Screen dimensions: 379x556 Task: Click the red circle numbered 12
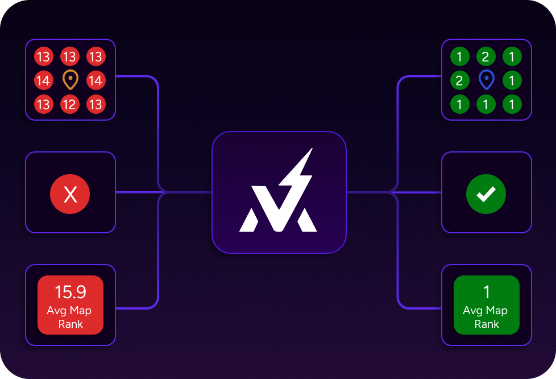click(69, 104)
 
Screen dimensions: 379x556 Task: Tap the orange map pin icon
click(69, 80)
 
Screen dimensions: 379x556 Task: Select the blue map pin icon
click(486, 80)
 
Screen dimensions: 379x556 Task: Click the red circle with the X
click(70, 195)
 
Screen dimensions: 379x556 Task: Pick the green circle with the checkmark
click(486, 195)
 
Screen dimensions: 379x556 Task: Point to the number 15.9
click(70, 292)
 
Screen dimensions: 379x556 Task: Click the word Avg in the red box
click(56, 311)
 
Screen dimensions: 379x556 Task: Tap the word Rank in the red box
click(70, 324)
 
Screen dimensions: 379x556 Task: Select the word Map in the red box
click(80, 311)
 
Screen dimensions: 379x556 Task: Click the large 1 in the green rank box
click(486, 292)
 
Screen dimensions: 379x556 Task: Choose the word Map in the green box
click(496, 311)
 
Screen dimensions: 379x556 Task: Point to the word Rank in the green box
click(486, 324)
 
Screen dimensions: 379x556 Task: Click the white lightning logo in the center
click(279, 193)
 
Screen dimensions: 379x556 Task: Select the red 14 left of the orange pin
click(43, 80)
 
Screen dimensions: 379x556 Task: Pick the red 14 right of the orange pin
click(96, 80)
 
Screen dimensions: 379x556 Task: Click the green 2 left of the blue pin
click(459, 80)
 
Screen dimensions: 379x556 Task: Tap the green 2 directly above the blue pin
click(486, 56)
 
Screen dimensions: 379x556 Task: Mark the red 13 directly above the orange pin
click(69, 56)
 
